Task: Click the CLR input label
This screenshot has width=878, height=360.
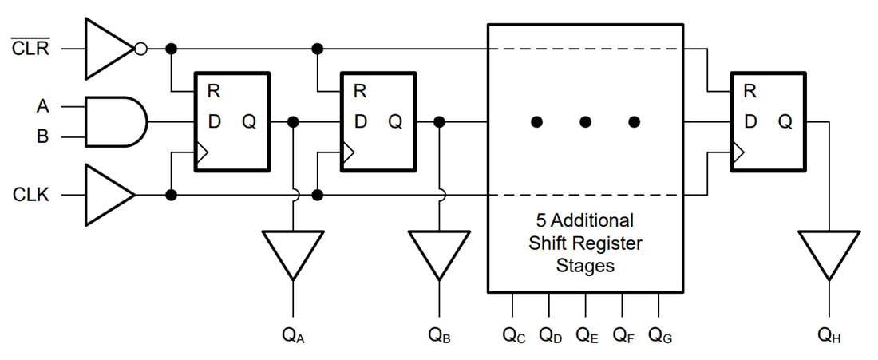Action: pyautogui.click(x=30, y=49)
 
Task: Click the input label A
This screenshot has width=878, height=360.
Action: pyautogui.click(x=42, y=105)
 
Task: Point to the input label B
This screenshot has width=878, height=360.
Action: pyautogui.click(x=42, y=136)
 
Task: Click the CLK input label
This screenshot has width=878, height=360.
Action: pyautogui.click(x=30, y=195)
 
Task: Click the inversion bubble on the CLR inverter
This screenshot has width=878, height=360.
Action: pyautogui.click(x=140, y=49)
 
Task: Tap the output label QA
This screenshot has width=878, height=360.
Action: pyautogui.click(x=293, y=335)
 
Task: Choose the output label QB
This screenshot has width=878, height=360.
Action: pyautogui.click(x=439, y=335)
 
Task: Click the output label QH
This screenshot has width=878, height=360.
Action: pyautogui.click(x=829, y=335)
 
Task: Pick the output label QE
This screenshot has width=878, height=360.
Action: pyautogui.click(x=587, y=335)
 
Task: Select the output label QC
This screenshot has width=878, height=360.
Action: pyautogui.click(x=513, y=335)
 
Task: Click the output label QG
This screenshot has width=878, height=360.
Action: pyautogui.click(x=660, y=335)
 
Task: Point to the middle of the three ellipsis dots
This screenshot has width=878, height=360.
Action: pyautogui.click(x=585, y=122)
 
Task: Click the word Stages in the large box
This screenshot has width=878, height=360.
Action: pyautogui.click(x=585, y=266)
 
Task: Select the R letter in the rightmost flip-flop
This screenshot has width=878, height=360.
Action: pyautogui.click(x=749, y=91)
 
